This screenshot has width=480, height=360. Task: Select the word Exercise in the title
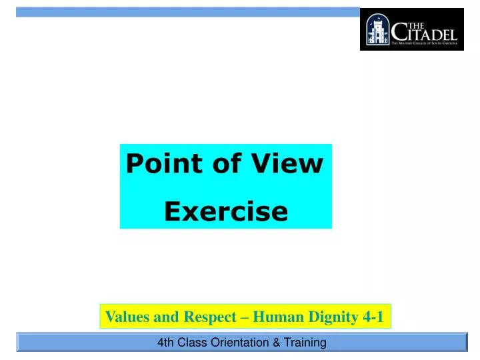pyautogui.click(x=226, y=211)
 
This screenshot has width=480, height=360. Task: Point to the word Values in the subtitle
pyautogui.click(x=128, y=317)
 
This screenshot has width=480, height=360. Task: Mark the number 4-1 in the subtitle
pyautogui.click(x=373, y=317)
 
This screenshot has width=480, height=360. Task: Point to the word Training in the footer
pyautogui.click(x=303, y=343)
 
